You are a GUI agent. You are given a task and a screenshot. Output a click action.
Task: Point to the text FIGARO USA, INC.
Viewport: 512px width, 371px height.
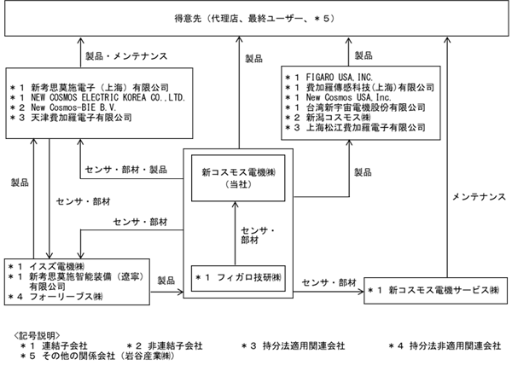[x=340, y=78]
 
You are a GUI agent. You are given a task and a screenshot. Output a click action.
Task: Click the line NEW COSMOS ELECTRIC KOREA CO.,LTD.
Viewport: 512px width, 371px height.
[x=108, y=97]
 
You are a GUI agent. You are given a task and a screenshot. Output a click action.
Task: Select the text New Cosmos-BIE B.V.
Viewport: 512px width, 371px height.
[x=73, y=107]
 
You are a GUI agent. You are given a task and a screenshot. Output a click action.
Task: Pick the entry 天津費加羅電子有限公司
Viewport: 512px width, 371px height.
[x=81, y=118]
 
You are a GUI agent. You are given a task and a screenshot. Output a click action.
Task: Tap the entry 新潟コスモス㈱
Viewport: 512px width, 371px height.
[x=338, y=118]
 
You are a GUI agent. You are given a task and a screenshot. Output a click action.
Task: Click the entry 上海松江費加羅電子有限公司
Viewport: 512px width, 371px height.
[x=366, y=128]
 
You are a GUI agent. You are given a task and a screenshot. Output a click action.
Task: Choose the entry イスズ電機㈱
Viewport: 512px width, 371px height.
[x=57, y=267]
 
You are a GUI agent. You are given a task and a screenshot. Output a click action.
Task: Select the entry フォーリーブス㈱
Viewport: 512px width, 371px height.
[x=66, y=297]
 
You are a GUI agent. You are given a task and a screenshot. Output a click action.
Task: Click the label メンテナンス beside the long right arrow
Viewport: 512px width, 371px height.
[x=479, y=197]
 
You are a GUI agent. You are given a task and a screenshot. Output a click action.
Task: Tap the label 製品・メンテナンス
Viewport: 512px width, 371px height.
[x=126, y=56]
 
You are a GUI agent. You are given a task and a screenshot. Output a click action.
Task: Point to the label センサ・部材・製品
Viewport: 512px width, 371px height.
[x=126, y=170]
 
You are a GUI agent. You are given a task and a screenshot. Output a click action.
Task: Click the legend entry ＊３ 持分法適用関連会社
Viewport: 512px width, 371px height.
[x=293, y=346]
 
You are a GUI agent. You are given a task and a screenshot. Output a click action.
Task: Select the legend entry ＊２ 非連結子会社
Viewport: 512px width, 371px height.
[x=165, y=346]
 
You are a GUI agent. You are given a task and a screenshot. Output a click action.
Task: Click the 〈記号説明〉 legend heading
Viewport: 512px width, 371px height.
[x=37, y=336]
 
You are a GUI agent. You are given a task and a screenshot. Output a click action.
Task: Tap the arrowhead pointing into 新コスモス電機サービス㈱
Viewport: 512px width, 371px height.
[x=362, y=292]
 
